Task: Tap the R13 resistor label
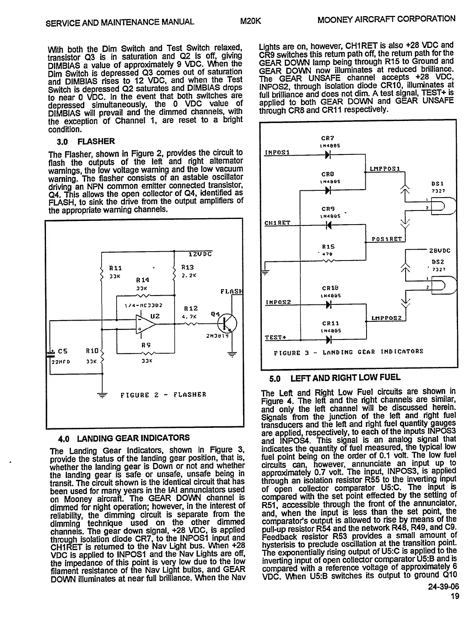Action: [187, 267]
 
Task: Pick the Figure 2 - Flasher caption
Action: [163, 394]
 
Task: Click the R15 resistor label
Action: [328, 246]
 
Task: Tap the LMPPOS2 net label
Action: [386, 318]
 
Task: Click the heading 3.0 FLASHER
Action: [86, 142]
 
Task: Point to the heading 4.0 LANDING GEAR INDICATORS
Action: [123, 438]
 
